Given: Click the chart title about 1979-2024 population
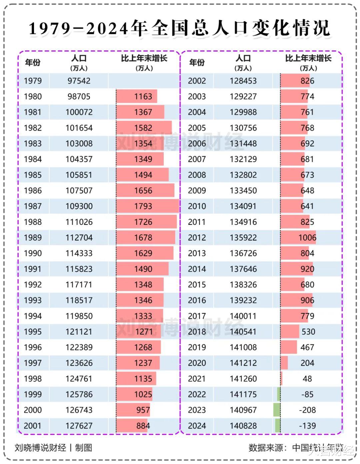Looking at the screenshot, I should click(179, 28).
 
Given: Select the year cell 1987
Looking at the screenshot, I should click(33, 206).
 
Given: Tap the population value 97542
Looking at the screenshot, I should click(79, 81).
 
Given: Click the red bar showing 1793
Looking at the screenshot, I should click(147, 206).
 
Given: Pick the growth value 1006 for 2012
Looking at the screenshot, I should click(307, 238).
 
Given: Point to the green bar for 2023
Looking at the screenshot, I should click(277, 410).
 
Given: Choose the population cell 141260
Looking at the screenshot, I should click(243, 379).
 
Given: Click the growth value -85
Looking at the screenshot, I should click(307, 394).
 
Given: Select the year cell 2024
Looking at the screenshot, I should click(197, 426).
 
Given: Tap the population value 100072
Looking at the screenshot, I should click(79, 112).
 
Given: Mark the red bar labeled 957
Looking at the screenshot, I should click(133, 410).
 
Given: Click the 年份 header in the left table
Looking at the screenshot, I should click(33, 62).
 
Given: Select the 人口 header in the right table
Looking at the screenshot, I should click(243, 62).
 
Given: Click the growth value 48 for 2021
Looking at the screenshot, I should click(307, 379).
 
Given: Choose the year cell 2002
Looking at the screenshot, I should click(197, 81).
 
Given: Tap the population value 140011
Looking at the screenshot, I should click(243, 316).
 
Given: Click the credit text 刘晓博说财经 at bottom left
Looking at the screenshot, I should click(40, 448).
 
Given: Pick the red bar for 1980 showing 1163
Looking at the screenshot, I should click(137, 96).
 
